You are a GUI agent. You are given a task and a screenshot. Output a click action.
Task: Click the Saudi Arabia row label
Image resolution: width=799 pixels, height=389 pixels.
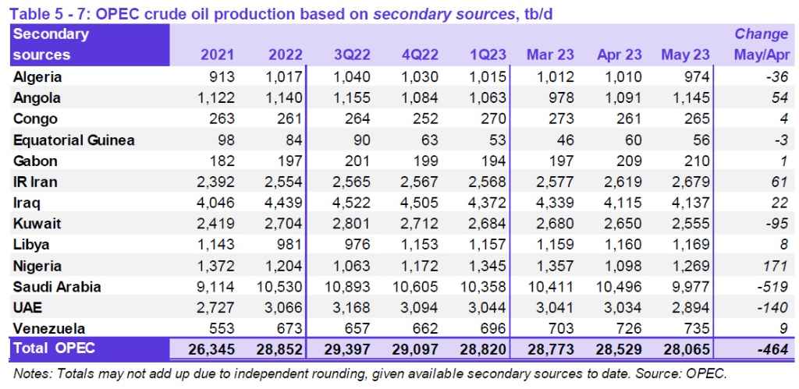tap(57, 287)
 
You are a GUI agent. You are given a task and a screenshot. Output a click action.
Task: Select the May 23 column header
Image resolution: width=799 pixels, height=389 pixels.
tap(685, 55)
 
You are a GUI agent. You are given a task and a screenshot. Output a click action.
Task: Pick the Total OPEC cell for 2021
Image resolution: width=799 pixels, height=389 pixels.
tap(211, 348)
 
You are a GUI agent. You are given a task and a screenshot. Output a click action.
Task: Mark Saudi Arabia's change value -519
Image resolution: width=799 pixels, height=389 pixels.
tap(771, 287)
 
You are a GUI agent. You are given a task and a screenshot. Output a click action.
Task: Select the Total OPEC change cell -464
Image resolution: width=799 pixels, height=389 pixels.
tap(771, 348)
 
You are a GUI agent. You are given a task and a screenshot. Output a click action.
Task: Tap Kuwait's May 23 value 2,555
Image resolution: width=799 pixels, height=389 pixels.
tap(685, 224)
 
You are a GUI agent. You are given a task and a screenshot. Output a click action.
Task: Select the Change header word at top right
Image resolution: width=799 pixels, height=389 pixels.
tap(761, 34)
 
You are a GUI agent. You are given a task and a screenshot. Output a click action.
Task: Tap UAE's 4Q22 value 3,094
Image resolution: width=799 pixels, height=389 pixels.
tap(421, 308)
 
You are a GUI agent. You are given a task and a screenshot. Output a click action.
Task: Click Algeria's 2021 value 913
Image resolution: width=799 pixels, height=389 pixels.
tap(216, 77)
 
